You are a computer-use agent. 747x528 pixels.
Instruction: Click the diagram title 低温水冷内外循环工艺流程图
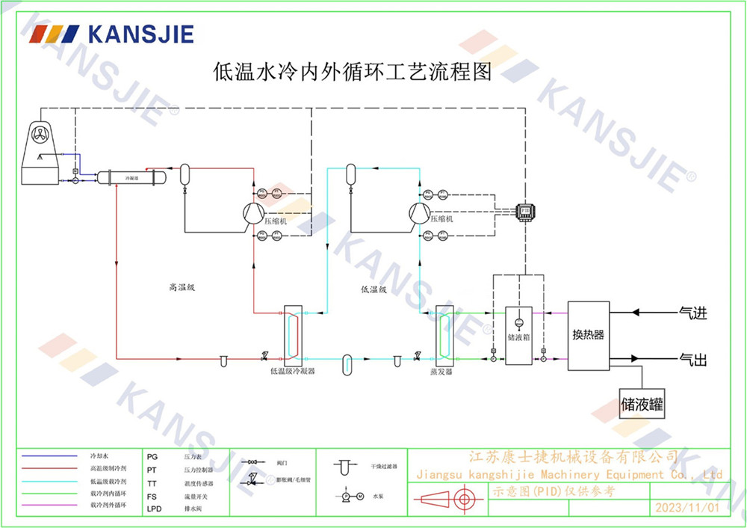pos(353,73)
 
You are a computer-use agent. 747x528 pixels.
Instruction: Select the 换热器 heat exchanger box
pos(588,335)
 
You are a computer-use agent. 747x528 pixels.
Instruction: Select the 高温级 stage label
pos(182,286)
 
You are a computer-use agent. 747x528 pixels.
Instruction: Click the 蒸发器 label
pos(441,371)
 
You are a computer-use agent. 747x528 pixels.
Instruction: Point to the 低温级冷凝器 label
pos(292,371)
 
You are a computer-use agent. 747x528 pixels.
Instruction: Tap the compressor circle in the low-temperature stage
pos(418,213)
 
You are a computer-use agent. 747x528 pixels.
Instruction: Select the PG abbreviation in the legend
pos(152,455)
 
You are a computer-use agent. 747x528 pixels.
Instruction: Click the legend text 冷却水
pos(99,455)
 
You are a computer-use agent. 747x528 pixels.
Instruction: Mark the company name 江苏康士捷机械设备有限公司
pos(573,457)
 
